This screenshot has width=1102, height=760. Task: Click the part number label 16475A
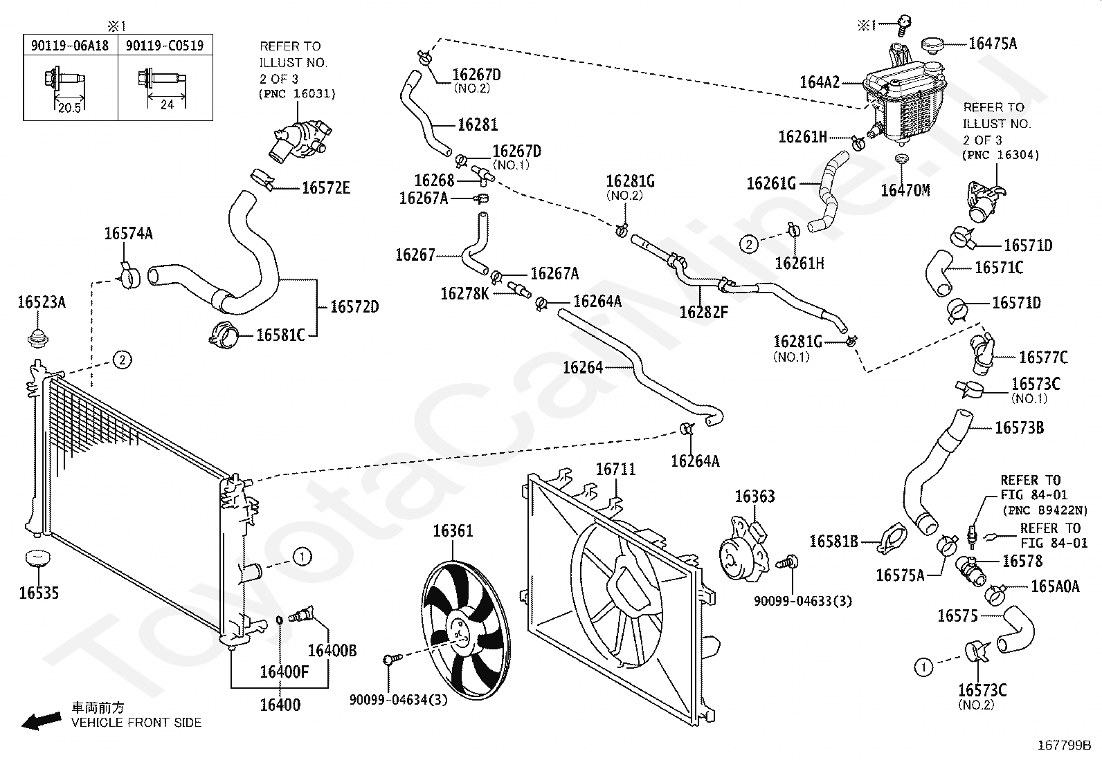tap(993, 44)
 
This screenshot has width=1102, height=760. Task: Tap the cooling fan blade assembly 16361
tap(465, 630)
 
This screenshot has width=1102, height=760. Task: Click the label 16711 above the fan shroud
tap(615, 470)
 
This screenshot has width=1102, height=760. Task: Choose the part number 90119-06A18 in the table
tap(70, 46)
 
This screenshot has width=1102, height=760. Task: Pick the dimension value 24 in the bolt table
tap(167, 104)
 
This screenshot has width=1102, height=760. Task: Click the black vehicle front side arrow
tap(42, 721)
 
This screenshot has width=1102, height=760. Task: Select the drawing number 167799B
tap(1064, 745)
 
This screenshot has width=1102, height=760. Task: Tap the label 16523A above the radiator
tap(42, 302)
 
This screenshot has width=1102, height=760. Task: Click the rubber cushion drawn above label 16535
tap(37, 559)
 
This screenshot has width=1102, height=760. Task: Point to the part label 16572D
tap(354, 307)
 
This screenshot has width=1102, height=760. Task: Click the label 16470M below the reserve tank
tap(905, 190)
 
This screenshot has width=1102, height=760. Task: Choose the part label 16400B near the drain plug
tap(332, 650)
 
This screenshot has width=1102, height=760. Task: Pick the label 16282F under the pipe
tap(703, 312)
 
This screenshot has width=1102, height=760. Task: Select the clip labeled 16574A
tap(129, 277)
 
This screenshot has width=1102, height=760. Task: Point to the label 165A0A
tap(1055, 586)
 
